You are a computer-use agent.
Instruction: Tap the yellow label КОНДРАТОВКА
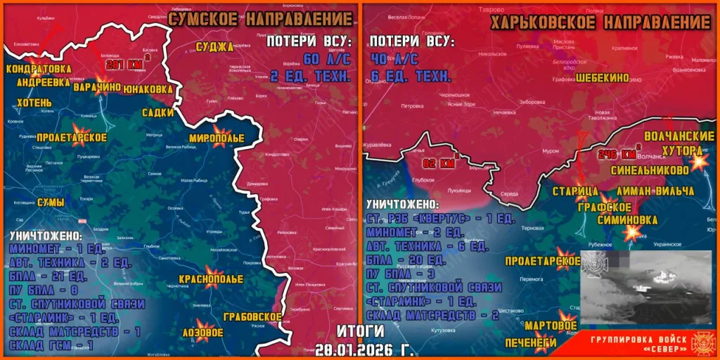tap(39, 69)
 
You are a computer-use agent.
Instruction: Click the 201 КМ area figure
tap(124, 65)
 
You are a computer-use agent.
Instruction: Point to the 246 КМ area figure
tap(617, 154)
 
